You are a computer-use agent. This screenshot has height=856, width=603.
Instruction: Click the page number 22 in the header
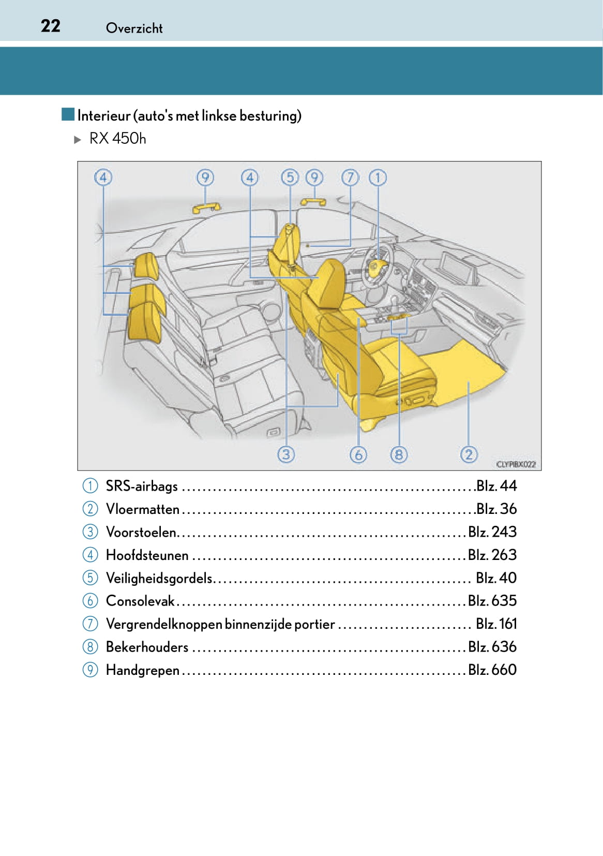51,26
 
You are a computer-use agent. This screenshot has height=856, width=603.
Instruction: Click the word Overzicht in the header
134,28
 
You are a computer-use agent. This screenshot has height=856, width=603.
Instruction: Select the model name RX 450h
117,139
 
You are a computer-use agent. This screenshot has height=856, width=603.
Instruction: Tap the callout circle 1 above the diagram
378,178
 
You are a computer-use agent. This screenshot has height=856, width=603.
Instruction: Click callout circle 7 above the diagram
350,178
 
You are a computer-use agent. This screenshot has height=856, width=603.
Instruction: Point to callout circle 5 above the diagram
290,178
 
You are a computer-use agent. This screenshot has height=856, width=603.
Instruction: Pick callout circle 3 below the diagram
286,454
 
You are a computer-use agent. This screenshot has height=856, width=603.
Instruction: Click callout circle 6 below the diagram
358,454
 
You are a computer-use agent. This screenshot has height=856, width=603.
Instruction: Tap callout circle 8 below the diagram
398,454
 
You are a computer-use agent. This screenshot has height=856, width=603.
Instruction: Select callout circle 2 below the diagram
469,454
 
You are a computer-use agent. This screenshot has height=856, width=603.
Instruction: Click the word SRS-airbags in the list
142,486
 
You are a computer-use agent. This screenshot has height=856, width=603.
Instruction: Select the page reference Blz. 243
492,532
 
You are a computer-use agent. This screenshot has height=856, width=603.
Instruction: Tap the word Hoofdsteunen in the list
147,555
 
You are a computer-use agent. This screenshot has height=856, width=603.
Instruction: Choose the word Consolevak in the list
140,601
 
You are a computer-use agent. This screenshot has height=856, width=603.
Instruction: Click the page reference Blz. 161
496,624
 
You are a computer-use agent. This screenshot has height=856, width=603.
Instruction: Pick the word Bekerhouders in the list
147,647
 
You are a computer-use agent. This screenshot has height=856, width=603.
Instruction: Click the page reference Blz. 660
492,670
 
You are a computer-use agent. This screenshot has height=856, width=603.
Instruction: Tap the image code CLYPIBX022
516,464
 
